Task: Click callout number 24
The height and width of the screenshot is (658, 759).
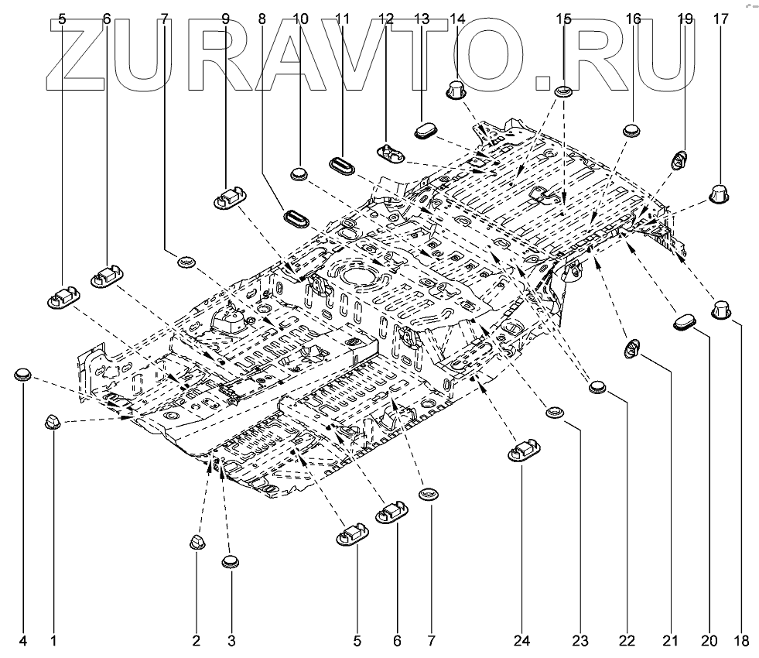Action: (524, 641)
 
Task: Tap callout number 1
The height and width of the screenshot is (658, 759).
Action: (53, 641)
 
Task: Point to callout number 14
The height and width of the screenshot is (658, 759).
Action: (457, 18)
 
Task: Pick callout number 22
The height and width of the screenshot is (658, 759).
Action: (627, 641)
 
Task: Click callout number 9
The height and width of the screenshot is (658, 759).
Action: (226, 18)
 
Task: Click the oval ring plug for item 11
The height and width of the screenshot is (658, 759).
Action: (342, 165)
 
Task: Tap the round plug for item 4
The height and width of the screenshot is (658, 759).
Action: (23, 375)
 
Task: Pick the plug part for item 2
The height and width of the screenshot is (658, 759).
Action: (197, 541)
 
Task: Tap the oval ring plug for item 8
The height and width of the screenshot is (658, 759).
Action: (296, 217)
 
